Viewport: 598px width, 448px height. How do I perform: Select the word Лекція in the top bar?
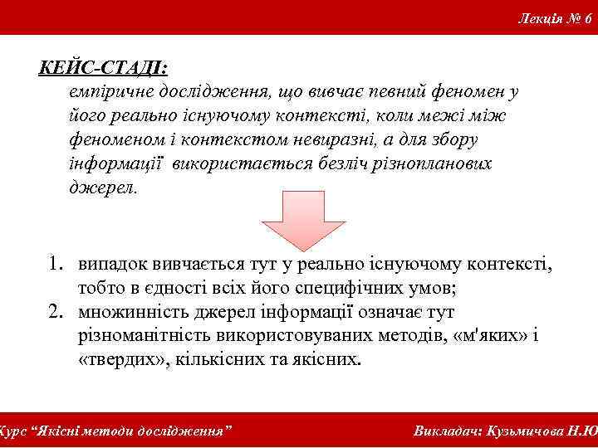[x=539, y=17]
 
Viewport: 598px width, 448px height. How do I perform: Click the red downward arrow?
[x=291, y=219]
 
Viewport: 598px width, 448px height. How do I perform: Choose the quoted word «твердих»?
[x=117, y=362]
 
